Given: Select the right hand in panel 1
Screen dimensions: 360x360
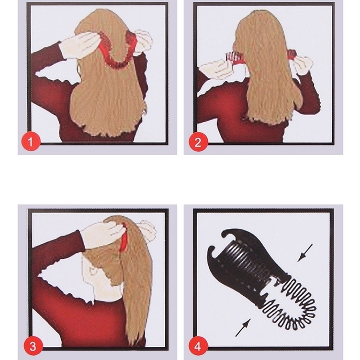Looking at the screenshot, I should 143,39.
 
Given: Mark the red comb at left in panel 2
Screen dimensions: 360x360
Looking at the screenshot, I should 235,64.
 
